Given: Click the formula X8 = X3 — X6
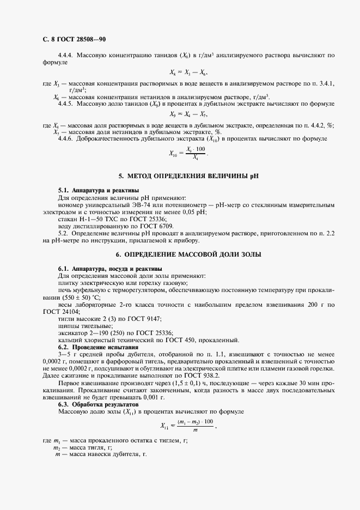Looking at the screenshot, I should pyautogui.click(x=188, y=72).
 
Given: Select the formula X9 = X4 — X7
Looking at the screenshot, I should pyautogui.click(x=188, y=114).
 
